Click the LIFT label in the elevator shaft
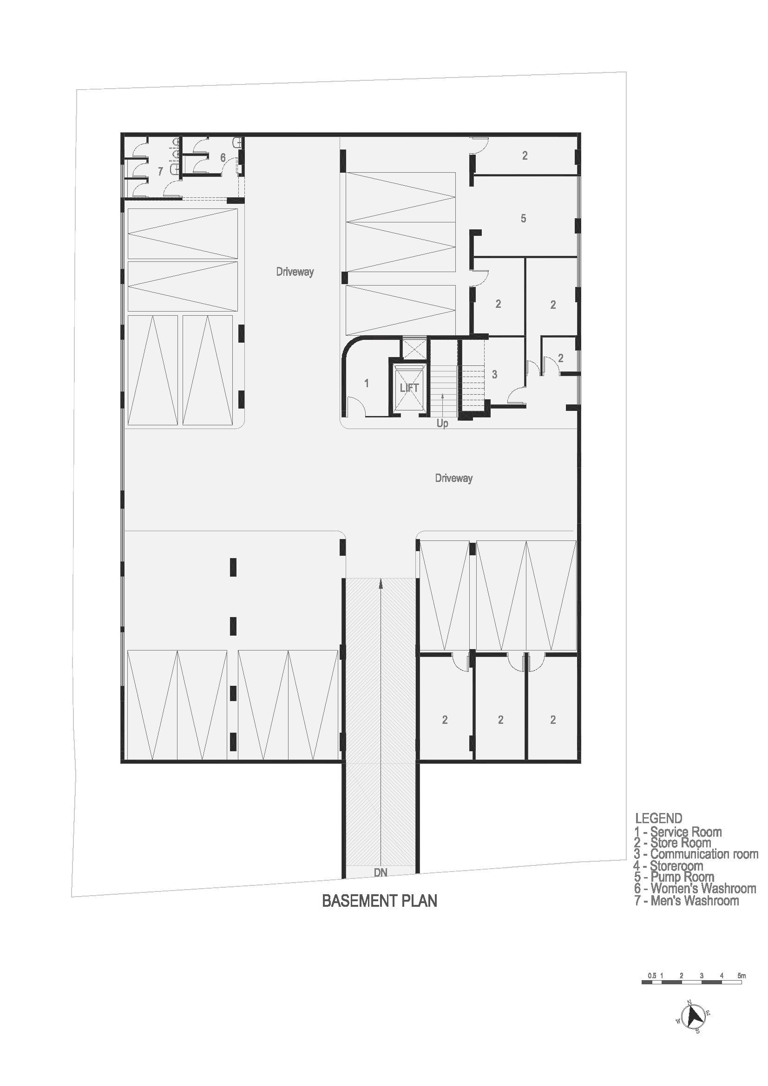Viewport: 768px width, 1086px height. tap(409, 388)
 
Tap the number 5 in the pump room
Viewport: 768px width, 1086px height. tap(523, 219)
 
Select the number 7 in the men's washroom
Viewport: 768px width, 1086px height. tap(160, 172)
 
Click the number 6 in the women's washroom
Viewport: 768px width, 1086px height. tap(223, 158)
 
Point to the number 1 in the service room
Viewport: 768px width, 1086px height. tap(367, 383)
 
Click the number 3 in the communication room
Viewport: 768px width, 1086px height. tap(494, 375)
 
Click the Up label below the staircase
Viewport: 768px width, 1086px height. tap(442, 424)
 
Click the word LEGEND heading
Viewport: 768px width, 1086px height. tap(659, 818)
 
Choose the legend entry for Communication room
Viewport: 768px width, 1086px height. tap(696, 854)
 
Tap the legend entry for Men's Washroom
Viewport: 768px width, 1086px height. tap(687, 900)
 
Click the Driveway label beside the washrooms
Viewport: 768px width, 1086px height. tap(295, 272)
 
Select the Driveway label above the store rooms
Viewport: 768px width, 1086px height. tap(454, 478)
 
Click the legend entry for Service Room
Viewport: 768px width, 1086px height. tap(678, 832)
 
